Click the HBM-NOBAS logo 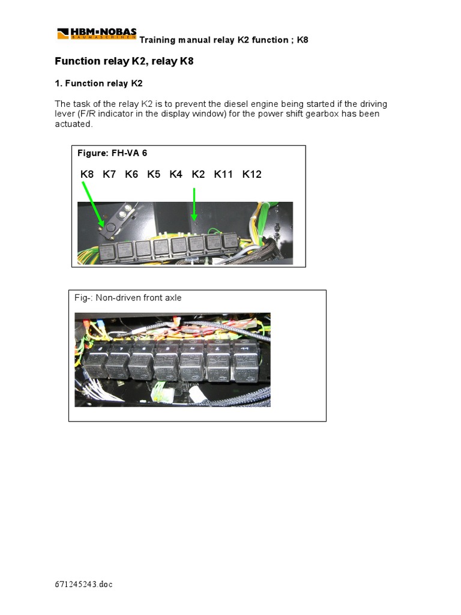click(x=97, y=34)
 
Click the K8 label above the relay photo click(x=87, y=174)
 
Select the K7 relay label click(x=109, y=174)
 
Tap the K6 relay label click(x=131, y=174)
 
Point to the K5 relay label click(x=154, y=174)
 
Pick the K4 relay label click(x=176, y=174)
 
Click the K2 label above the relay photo click(x=198, y=174)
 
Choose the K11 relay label click(x=223, y=174)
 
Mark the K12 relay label click(x=252, y=174)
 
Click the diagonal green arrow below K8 click(x=94, y=205)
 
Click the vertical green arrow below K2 click(x=194, y=204)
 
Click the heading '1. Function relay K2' click(x=98, y=83)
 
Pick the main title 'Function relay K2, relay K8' click(x=124, y=61)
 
